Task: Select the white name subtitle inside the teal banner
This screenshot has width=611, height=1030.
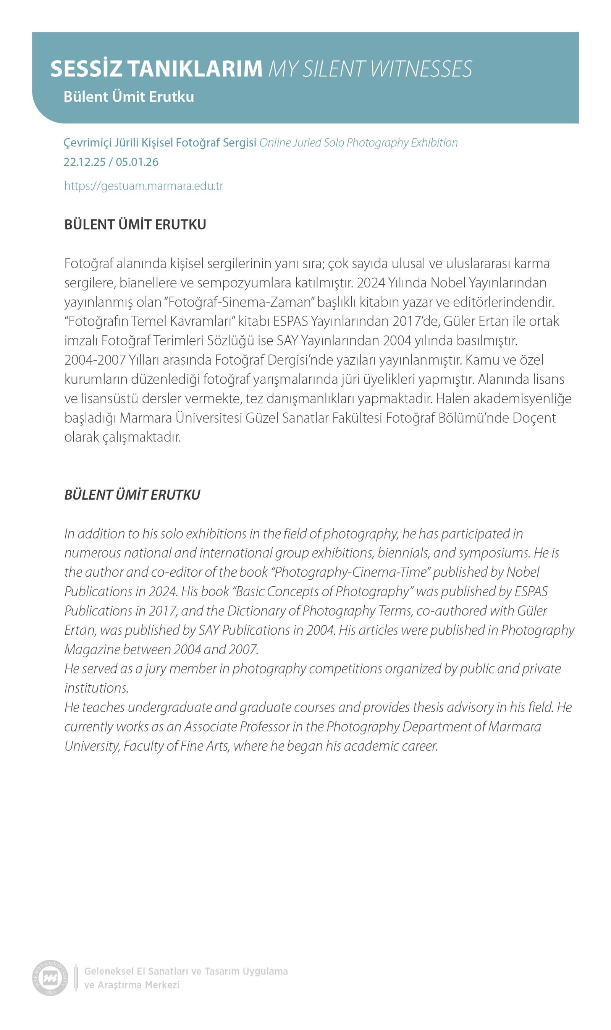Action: click(128, 97)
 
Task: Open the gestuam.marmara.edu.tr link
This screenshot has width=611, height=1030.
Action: click(144, 186)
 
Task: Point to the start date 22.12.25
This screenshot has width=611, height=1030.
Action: click(84, 162)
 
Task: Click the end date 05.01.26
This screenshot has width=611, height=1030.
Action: click(137, 162)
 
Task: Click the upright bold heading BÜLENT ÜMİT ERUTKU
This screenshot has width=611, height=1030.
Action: click(135, 225)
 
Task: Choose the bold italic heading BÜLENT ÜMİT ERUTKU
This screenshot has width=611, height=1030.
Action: click(132, 495)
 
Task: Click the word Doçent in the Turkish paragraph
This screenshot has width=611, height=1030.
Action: click(534, 418)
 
